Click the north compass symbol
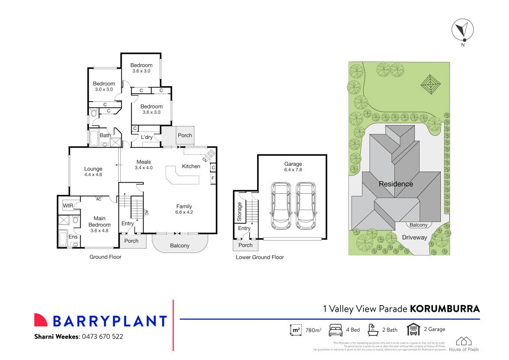462,30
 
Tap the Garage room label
293,164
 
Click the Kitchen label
191,166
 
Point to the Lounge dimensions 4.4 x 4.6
93,175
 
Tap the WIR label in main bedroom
68,206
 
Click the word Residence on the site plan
396,184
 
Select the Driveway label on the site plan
415,237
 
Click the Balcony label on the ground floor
180,245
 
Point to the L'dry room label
147,137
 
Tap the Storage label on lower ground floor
240,211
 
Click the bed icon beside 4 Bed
336,330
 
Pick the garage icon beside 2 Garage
413,330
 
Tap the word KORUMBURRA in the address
445,309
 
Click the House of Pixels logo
464,344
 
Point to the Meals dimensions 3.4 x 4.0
144,168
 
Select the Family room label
184,206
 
